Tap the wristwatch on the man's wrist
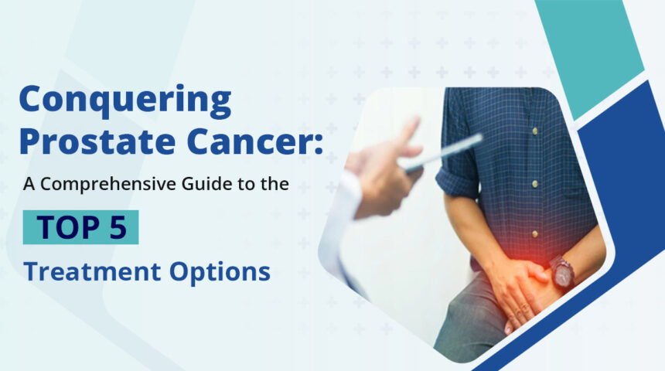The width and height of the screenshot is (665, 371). [x=562, y=271]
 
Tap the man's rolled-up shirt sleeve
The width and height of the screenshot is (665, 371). [x=456, y=182]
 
